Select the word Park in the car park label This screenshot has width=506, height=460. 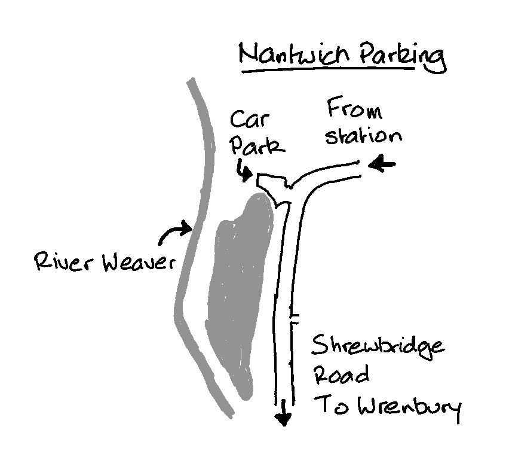257,146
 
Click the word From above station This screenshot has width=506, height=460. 354,110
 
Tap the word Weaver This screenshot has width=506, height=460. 135,264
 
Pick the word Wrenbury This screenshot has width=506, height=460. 412,409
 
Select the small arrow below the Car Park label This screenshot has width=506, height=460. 243,170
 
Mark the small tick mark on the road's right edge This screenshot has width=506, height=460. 293,316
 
